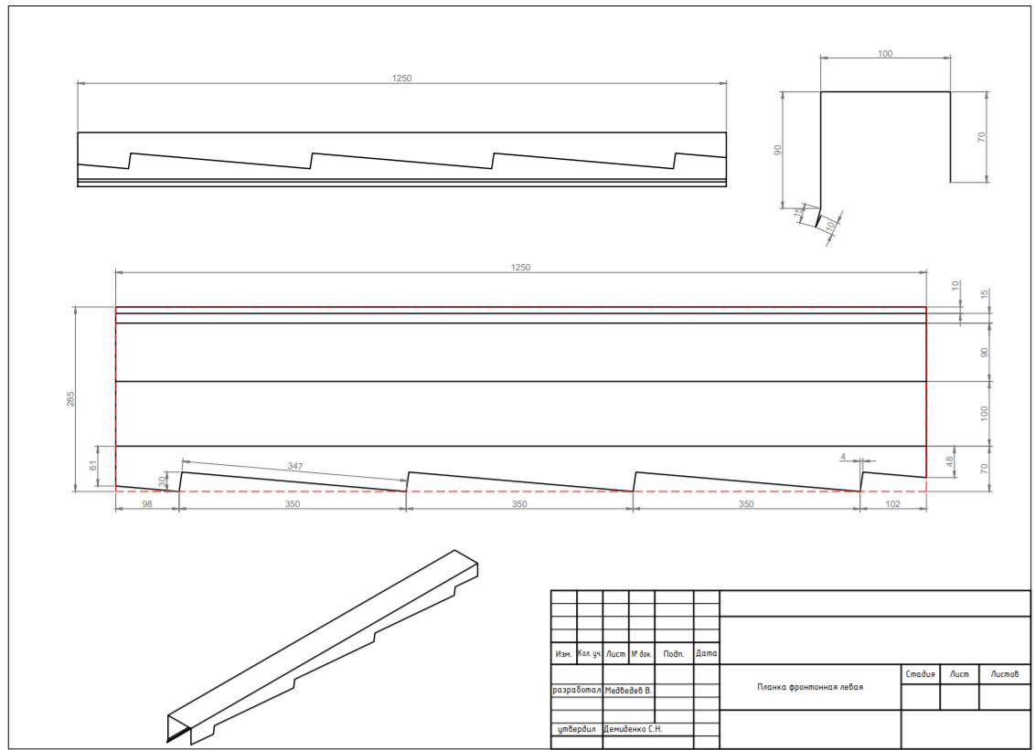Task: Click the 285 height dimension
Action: click(70, 398)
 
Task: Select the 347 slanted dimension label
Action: click(295, 467)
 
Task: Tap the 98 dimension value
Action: click(146, 504)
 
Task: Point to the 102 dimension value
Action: click(891, 504)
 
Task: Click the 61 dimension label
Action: click(93, 466)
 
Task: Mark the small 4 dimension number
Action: click(844, 457)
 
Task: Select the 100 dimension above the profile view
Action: click(885, 53)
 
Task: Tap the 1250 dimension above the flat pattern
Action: click(520, 267)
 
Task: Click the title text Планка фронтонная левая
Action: click(810, 687)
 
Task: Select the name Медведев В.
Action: click(628, 691)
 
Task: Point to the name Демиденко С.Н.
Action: click(633, 729)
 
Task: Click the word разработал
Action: click(576, 691)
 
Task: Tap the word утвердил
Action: click(577, 729)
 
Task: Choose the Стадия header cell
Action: click(920, 673)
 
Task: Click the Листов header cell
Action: click(1005, 673)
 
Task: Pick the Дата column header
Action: click(706, 654)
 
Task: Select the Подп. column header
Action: click(674, 654)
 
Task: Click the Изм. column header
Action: click(564, 654)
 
